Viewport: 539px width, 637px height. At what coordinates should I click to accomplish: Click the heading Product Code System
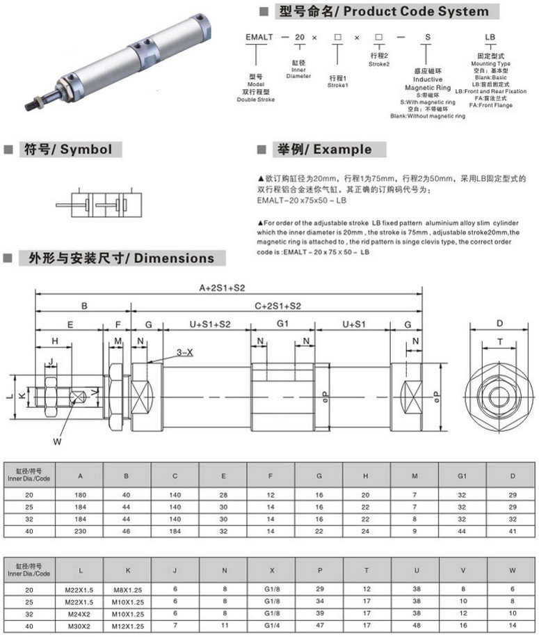coord(383,11)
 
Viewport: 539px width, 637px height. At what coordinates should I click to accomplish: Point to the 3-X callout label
coord(184,352)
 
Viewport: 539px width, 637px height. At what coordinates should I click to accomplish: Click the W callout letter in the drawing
coord(58,440)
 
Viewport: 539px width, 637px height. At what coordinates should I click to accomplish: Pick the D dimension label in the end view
coord(499,324)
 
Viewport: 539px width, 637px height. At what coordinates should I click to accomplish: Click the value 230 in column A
coord(79,531)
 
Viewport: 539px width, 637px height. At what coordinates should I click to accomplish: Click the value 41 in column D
coord(512,531)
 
